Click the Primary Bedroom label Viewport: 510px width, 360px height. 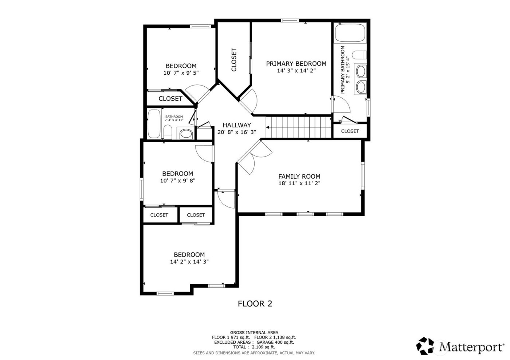click(x=296, y=64)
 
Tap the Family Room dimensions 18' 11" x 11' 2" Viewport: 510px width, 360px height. click(x=299, y=183)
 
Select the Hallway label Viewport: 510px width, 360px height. click(x=237, y=125)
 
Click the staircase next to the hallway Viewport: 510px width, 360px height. click(x=299, y=127)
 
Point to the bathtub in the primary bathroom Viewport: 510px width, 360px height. click(x=350, y=33)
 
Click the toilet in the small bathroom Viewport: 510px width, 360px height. click(x=168, y=132)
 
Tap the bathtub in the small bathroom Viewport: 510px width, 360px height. click(x=154, y=124)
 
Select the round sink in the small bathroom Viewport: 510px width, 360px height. click(x=186, y=134)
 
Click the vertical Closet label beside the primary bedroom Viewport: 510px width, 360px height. click(x=234, y=60)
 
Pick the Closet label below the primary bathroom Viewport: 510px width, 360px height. click(x=350, y=131)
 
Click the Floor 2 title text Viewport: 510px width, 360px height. click(x=255, y=304)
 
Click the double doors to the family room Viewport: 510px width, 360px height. click(x=254, y=157)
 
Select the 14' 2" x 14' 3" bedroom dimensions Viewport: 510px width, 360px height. click(x=189, y=262)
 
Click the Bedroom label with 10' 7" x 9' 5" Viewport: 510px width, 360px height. click(x=181, y=66)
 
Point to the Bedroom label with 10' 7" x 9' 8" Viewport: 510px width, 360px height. click(x=177, y=174)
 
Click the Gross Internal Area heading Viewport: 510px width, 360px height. click(x=254, y=332)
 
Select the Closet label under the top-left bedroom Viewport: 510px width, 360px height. click(x=170, y=99)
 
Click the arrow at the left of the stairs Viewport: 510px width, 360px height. click(x=268, y=127)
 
